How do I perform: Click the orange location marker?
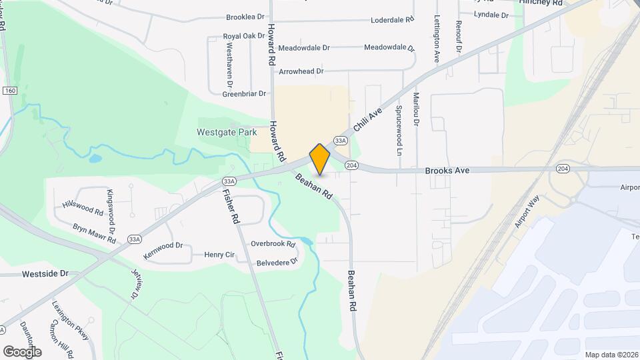point(320,159)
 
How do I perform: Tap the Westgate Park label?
point(227,132)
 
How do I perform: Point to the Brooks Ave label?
point(447,171)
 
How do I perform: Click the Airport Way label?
point(527,213)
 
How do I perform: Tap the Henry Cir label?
point(219,255)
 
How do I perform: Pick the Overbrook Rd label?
point(273,244)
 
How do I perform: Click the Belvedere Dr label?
point(277,263)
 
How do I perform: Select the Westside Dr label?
point(45,274)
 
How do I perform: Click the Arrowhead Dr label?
point(301,71)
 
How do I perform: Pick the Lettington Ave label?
point(437,39)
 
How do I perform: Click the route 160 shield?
point(9,90)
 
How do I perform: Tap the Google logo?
point(22,351)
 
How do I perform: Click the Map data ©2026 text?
point(611,355)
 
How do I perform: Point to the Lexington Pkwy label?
point(70,321)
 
